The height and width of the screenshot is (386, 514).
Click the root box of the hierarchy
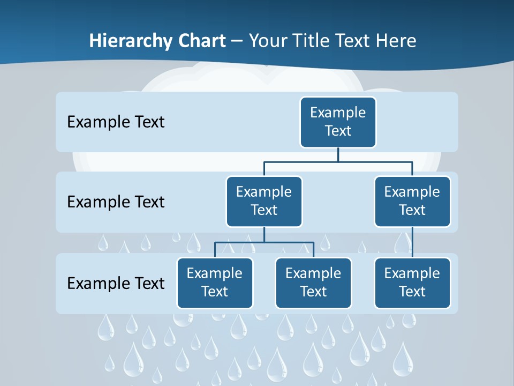point(338,122)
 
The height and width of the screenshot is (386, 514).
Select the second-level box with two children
point(264,201)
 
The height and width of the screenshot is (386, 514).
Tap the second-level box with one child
point(412,201)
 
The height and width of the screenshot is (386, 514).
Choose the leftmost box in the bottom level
point(215,283)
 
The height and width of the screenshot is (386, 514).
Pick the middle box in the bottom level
point(313,283)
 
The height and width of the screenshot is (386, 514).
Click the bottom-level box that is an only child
point(412,283)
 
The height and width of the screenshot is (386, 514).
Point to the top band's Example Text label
point(116,122)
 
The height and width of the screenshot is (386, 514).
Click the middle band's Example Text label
point(116,202)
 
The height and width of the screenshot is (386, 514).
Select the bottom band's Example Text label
point(116,283)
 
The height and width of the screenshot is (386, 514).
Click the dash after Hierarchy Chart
point(237,41)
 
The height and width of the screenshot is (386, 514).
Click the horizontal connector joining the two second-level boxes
point(338,161)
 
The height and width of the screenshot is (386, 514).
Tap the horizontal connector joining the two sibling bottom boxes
point(264,242)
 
